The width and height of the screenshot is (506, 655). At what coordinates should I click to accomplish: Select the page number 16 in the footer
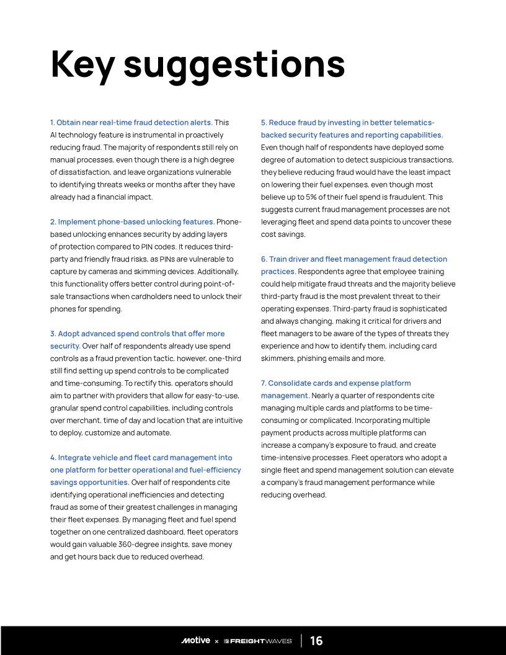(x=316, y=641)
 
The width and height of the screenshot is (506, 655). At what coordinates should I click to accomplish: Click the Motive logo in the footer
(x=196, y=641)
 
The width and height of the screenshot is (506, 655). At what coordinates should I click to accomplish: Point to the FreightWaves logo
(x=257, y=641)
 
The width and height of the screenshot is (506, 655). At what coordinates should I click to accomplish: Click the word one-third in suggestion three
(x=221, y=359)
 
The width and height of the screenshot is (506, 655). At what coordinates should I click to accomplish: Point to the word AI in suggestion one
(x=54, y=135)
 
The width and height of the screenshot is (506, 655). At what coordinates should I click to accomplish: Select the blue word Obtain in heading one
(x=68, y=123)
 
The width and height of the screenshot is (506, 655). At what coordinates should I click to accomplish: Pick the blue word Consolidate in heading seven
(x=292, y=383)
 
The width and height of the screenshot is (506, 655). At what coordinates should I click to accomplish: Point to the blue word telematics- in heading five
(x=415, y=123)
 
